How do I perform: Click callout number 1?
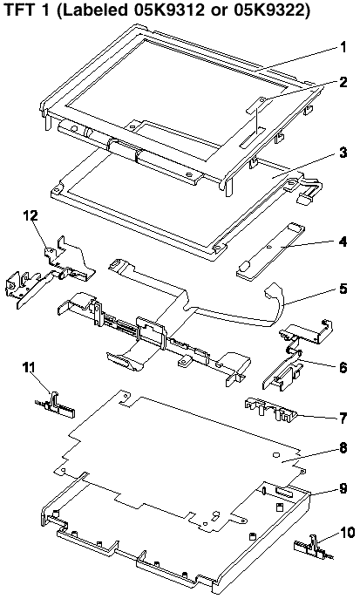[x=343, y=48]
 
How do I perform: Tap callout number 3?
[x=343, y=153]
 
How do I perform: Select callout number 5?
[x=343, y=289]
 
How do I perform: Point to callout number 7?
[x=343, y=418]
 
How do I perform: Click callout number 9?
[x=343, y=488]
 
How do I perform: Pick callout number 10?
[x=347, y=532]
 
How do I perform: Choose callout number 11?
[x=28, y=368]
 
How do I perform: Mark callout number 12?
[x=31, y=216]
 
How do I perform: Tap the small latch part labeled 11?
[x=56, y=405]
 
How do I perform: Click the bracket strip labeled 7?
[x=270, y=410]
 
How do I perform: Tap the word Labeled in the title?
[x=93, y=10]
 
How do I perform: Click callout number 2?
[x=343, y=82]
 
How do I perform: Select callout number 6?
[x=343, y=367]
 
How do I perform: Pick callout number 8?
[x=343, y=448]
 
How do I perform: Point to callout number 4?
[x=343, y=242]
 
